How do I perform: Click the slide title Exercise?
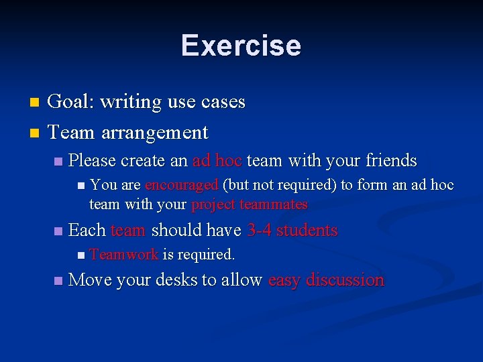[x=241, y=45]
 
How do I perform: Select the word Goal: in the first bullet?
[x=72, y=102]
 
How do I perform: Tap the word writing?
[x=131, y=102]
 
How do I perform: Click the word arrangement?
[x=155, y=132]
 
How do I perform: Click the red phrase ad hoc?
[x=217, y=161]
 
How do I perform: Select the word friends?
[x=390, y=161]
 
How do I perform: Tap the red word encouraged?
[x=181, y=185]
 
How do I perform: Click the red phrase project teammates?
[x=249, y=204]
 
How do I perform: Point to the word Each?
[x=87, y=231]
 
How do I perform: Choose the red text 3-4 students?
[x=292, y=231]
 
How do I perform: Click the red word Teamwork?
[x=123, y=255]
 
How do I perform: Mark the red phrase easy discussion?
[x=325, y=280]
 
